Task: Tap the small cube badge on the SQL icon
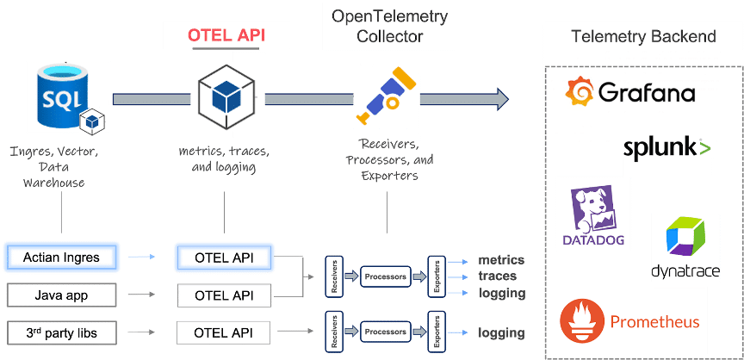(x=91, y=121)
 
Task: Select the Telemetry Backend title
(x=643, y=36)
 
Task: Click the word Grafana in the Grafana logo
(x=646, y=92)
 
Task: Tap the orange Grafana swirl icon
(x=578, y=91)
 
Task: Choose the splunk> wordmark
(x=667, y=148)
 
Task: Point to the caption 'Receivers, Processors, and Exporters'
(x=385, y=160)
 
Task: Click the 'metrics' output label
(x=501, y=260)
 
